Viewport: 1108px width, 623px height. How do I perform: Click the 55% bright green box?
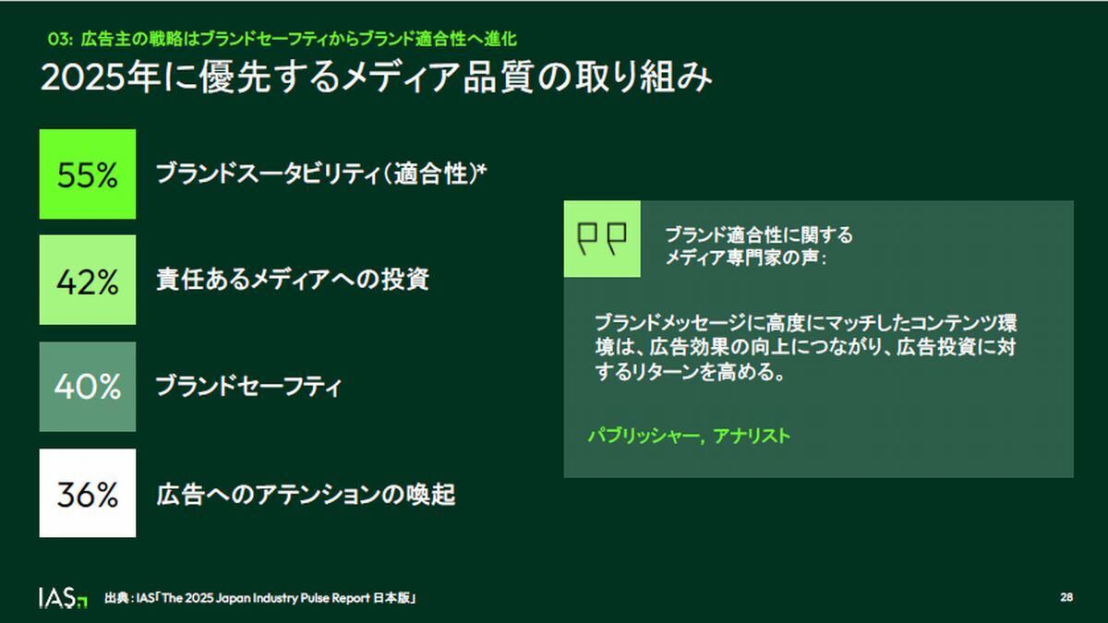pyautogui.click(x=88, y=174)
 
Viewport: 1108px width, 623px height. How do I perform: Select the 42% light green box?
pyautogui.click(x=88, y=280)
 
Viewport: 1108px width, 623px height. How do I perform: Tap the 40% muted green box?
pyautogui.click(x=88, y=387)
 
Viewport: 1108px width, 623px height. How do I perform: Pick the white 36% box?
pyautogui.click(x=88, y=493)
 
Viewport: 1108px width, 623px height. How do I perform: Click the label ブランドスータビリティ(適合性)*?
pyautogui.click(x=321, y=174)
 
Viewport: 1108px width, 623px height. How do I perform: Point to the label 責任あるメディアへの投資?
pyautogui.click(x=293, y=280)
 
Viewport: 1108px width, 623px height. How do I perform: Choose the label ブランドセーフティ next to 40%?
pyautogui.click(x=248, y=386)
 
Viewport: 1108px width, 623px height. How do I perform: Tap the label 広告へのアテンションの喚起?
pyautogui.click(x=306, y=495)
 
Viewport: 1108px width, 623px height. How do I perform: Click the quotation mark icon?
pyautogui.click(x=602, y=239)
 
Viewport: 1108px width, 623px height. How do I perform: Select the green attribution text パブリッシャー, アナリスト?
pyautogui.click(x=689, y=436)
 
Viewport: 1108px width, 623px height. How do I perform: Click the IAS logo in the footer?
pyautogui.click(x=63, y=598)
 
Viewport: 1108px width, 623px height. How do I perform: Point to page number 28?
pyautogui.click(x=1066, y=597)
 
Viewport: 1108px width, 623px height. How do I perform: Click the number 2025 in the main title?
pyautogui.click(x=82, y=78)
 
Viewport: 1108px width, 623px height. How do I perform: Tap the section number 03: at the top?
pyautogui.click(x=60, y=39)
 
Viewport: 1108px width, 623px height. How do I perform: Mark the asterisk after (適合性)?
pyautogui.click(x=482, y=169)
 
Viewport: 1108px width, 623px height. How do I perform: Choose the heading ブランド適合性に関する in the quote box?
pyautogui.click(x=759, y=234)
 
